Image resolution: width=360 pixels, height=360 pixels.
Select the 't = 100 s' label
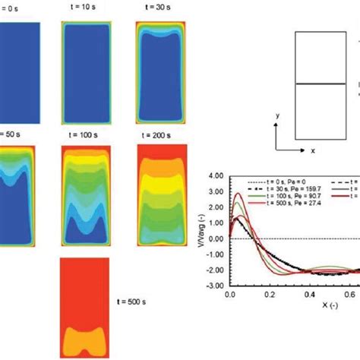coord(80,131)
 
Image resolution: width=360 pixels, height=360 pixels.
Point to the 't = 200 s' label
coord(155,131)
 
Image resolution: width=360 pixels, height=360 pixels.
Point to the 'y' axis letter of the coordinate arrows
coord(277,115)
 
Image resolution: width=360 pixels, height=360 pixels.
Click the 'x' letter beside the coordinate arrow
coord(313,150)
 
